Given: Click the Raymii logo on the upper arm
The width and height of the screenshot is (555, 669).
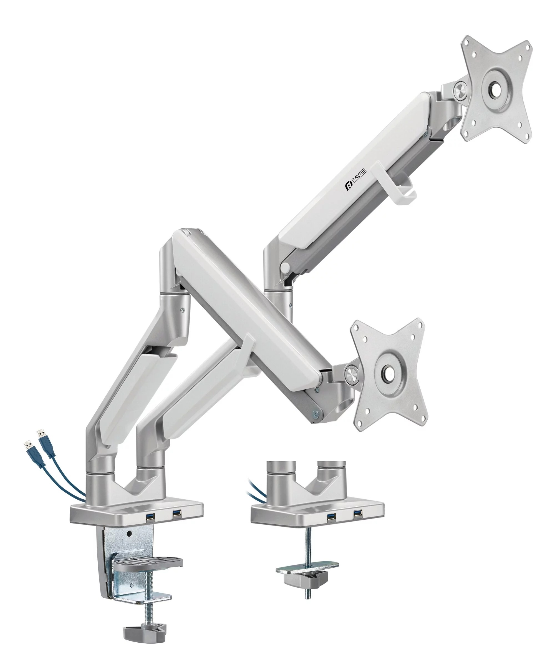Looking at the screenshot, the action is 356,181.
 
